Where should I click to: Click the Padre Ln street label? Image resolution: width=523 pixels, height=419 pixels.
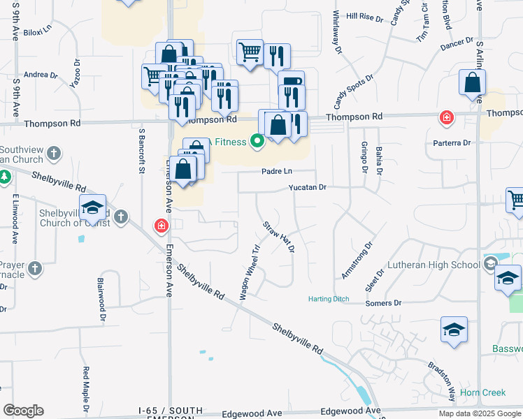pyautogui.click(x=277, y=171)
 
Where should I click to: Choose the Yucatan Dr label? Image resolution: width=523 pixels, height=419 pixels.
pyautogui.click(x=308, y=187)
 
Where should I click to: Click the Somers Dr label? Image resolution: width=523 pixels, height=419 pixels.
pyautogui.click(x=384, y=303)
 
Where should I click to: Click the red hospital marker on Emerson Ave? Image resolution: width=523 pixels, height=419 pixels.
pyautogui.click(x=162, y=226)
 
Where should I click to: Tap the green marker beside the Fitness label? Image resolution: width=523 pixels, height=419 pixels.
pyautogui.click(x=257, y=142)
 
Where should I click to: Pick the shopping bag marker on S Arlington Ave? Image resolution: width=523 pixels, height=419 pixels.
pyautogui.click(x=473, y=83)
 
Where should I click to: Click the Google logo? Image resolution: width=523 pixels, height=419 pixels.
pyautogui.click(x=24, y=411)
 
